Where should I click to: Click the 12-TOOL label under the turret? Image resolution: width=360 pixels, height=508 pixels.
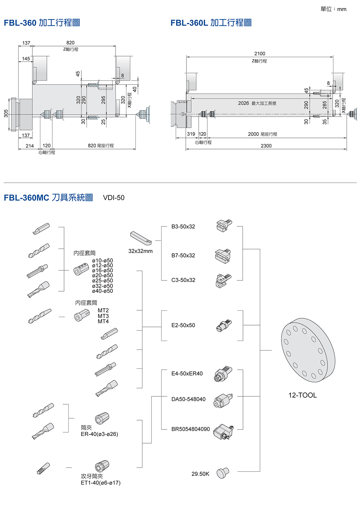[x=302, y=395]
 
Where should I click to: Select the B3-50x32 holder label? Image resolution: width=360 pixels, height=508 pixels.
[x=183, y=227]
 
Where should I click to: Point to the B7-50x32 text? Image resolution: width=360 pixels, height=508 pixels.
[x=183, y=256]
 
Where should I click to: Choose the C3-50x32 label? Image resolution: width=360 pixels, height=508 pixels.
[x=183, y=280]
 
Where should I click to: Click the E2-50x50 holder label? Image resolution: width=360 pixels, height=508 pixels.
[x=183, y=325]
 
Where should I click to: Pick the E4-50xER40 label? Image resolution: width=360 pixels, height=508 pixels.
[x=187, y=374]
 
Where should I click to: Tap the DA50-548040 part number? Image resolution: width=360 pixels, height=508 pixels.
[x=188, y=399]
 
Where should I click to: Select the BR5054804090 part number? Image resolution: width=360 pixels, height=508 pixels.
[x=190, y=429]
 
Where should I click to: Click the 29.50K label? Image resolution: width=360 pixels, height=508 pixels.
[x=200, y=474]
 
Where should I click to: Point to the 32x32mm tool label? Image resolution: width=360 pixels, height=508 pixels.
[x=140, y=251]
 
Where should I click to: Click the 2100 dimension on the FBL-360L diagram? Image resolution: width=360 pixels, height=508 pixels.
[x=260, y=54]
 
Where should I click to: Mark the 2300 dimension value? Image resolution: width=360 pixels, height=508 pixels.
[x=266, y=146]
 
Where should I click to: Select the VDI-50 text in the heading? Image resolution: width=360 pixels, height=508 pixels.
[x=114, y=198]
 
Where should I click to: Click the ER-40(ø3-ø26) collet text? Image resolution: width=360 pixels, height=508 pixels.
[x=99, y=434]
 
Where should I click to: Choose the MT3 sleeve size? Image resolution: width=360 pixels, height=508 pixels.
[x=103, y=316]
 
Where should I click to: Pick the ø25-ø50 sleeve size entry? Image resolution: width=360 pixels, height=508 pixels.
[x=103, y=280]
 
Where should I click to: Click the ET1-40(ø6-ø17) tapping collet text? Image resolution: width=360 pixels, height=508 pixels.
[x=100, y=483]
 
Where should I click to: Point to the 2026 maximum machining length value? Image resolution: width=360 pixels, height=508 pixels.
[x=243, y=103]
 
